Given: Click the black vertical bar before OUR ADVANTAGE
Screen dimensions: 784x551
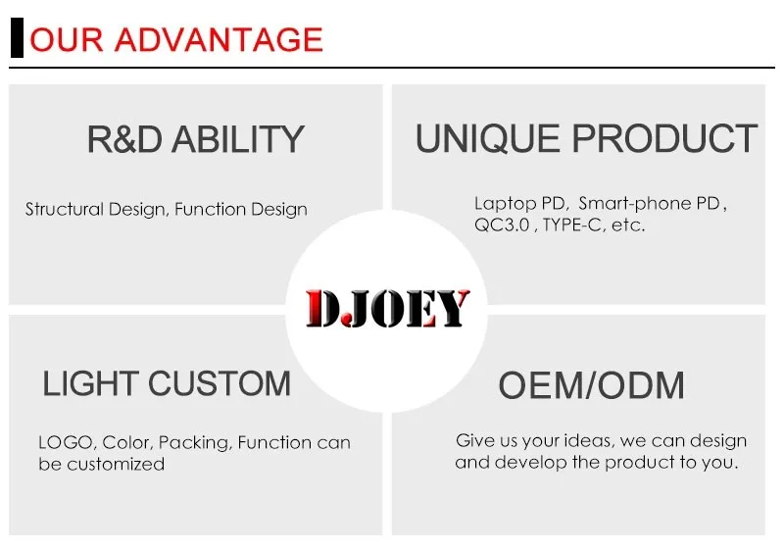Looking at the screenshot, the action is point(17,37).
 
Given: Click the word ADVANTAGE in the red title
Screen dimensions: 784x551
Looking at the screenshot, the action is point(219,39).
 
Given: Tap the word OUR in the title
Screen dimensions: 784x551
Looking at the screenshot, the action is point(67,39).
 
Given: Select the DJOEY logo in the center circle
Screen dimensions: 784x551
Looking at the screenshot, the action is point(387,309).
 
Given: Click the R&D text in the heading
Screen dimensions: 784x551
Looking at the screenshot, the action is point(124,139).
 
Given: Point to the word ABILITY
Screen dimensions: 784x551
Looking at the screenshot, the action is point(238,139).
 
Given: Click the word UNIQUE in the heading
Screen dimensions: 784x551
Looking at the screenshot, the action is point(487,138).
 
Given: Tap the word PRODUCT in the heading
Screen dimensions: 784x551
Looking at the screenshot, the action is point(664,138).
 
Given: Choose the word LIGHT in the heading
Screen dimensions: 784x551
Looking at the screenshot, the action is point(90,383).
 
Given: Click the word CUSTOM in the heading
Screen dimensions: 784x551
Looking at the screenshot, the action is point(220,383).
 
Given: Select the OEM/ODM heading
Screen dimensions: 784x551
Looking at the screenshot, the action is point(592,385).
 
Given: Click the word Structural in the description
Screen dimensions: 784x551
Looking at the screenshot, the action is point(65,209).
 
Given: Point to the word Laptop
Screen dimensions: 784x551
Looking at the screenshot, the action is point(506,204).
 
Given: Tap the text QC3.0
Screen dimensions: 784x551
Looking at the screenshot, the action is point(502,225).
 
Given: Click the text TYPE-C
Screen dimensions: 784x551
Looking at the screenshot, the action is point(572,225).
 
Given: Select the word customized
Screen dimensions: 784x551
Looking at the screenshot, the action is point(116,465).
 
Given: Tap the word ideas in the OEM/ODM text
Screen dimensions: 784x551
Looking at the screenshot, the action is point(587,440).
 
